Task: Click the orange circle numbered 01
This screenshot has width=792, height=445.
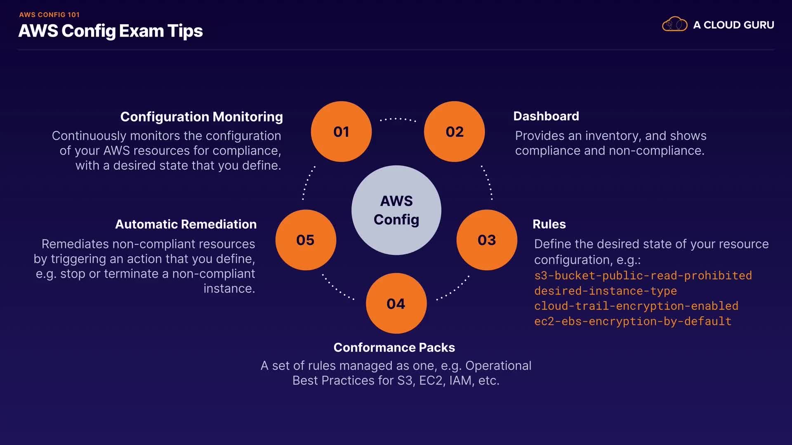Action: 341,131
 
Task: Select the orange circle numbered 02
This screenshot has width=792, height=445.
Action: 454,131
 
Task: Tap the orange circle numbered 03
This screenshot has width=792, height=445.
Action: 487,240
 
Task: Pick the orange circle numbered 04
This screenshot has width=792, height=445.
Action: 396,303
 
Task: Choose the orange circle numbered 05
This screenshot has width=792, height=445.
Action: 306,240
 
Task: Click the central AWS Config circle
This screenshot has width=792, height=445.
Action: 396,210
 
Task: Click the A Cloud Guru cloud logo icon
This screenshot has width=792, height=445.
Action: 674,24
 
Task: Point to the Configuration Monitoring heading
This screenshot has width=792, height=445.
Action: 201,117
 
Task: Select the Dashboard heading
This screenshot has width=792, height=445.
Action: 546,116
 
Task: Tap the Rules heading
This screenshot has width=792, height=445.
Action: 549,224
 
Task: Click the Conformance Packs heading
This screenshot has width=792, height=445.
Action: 394,347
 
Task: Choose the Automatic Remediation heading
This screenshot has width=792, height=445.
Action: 186,224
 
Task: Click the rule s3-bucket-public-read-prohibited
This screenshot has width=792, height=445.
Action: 643,275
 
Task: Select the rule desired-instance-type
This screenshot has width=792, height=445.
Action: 605,291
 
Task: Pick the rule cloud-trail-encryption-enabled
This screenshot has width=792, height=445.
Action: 636,306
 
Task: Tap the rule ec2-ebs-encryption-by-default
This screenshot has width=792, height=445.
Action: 632,321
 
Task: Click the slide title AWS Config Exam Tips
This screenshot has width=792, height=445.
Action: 111,31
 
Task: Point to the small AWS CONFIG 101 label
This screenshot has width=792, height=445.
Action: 49,14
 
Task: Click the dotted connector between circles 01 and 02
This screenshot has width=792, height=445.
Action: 398,119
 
